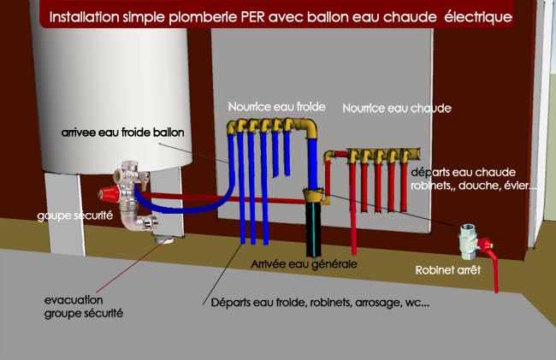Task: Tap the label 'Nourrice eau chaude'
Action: (x=396, y=109)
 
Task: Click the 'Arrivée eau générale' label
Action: (x=303, y=265)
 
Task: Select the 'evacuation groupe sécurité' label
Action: (x=84, y=307)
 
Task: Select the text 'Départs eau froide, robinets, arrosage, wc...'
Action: (x=320, y=304)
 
